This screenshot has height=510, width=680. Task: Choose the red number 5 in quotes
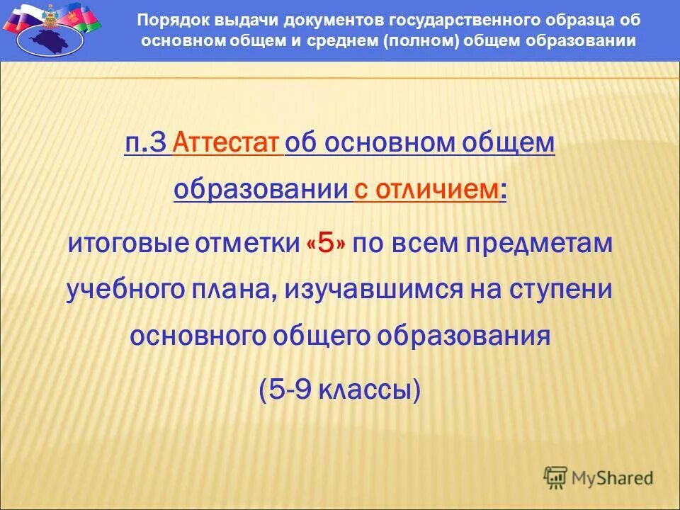327,244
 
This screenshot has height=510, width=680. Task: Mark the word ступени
559,290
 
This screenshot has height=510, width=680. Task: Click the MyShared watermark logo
599,477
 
